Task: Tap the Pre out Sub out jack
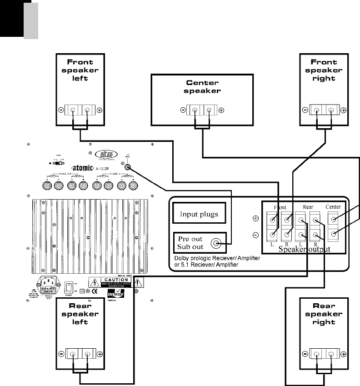(218, 244)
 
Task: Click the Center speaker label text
(202, 87)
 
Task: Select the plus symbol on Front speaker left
(100, 110)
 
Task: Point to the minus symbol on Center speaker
(183, 110)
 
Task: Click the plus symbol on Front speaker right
(343, 110)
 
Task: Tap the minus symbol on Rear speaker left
(61, 354)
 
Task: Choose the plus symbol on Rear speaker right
(343, 354)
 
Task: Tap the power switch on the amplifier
(68, 288)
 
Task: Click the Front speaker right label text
(324, 70)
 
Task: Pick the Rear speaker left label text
(80, 314)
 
